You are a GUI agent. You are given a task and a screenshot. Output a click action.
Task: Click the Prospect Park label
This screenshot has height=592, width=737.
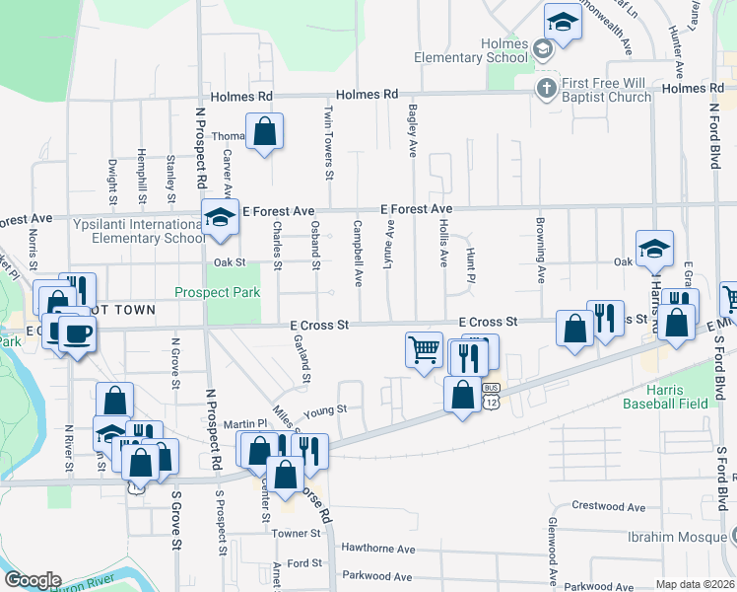point(217,292)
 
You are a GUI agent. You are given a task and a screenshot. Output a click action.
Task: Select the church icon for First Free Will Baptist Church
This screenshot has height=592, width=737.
point(545,89)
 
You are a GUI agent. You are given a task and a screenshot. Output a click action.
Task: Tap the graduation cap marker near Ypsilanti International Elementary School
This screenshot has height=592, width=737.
point(220,217)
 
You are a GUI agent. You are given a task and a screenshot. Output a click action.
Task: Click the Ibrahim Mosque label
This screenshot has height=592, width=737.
point(676,537)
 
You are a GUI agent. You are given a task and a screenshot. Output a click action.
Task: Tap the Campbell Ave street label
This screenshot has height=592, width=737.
point(359,255)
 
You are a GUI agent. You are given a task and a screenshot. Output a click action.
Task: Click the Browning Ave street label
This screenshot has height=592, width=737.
point(541,251)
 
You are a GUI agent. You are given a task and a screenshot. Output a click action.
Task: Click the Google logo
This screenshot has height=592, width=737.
point(32,580)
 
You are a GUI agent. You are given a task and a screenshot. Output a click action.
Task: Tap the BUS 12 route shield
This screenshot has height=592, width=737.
point(492,397)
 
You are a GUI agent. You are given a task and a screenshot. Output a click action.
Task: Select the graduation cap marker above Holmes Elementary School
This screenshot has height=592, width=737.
point(562,23)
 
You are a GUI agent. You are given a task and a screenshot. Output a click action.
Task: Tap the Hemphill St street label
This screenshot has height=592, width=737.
point(143,181)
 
